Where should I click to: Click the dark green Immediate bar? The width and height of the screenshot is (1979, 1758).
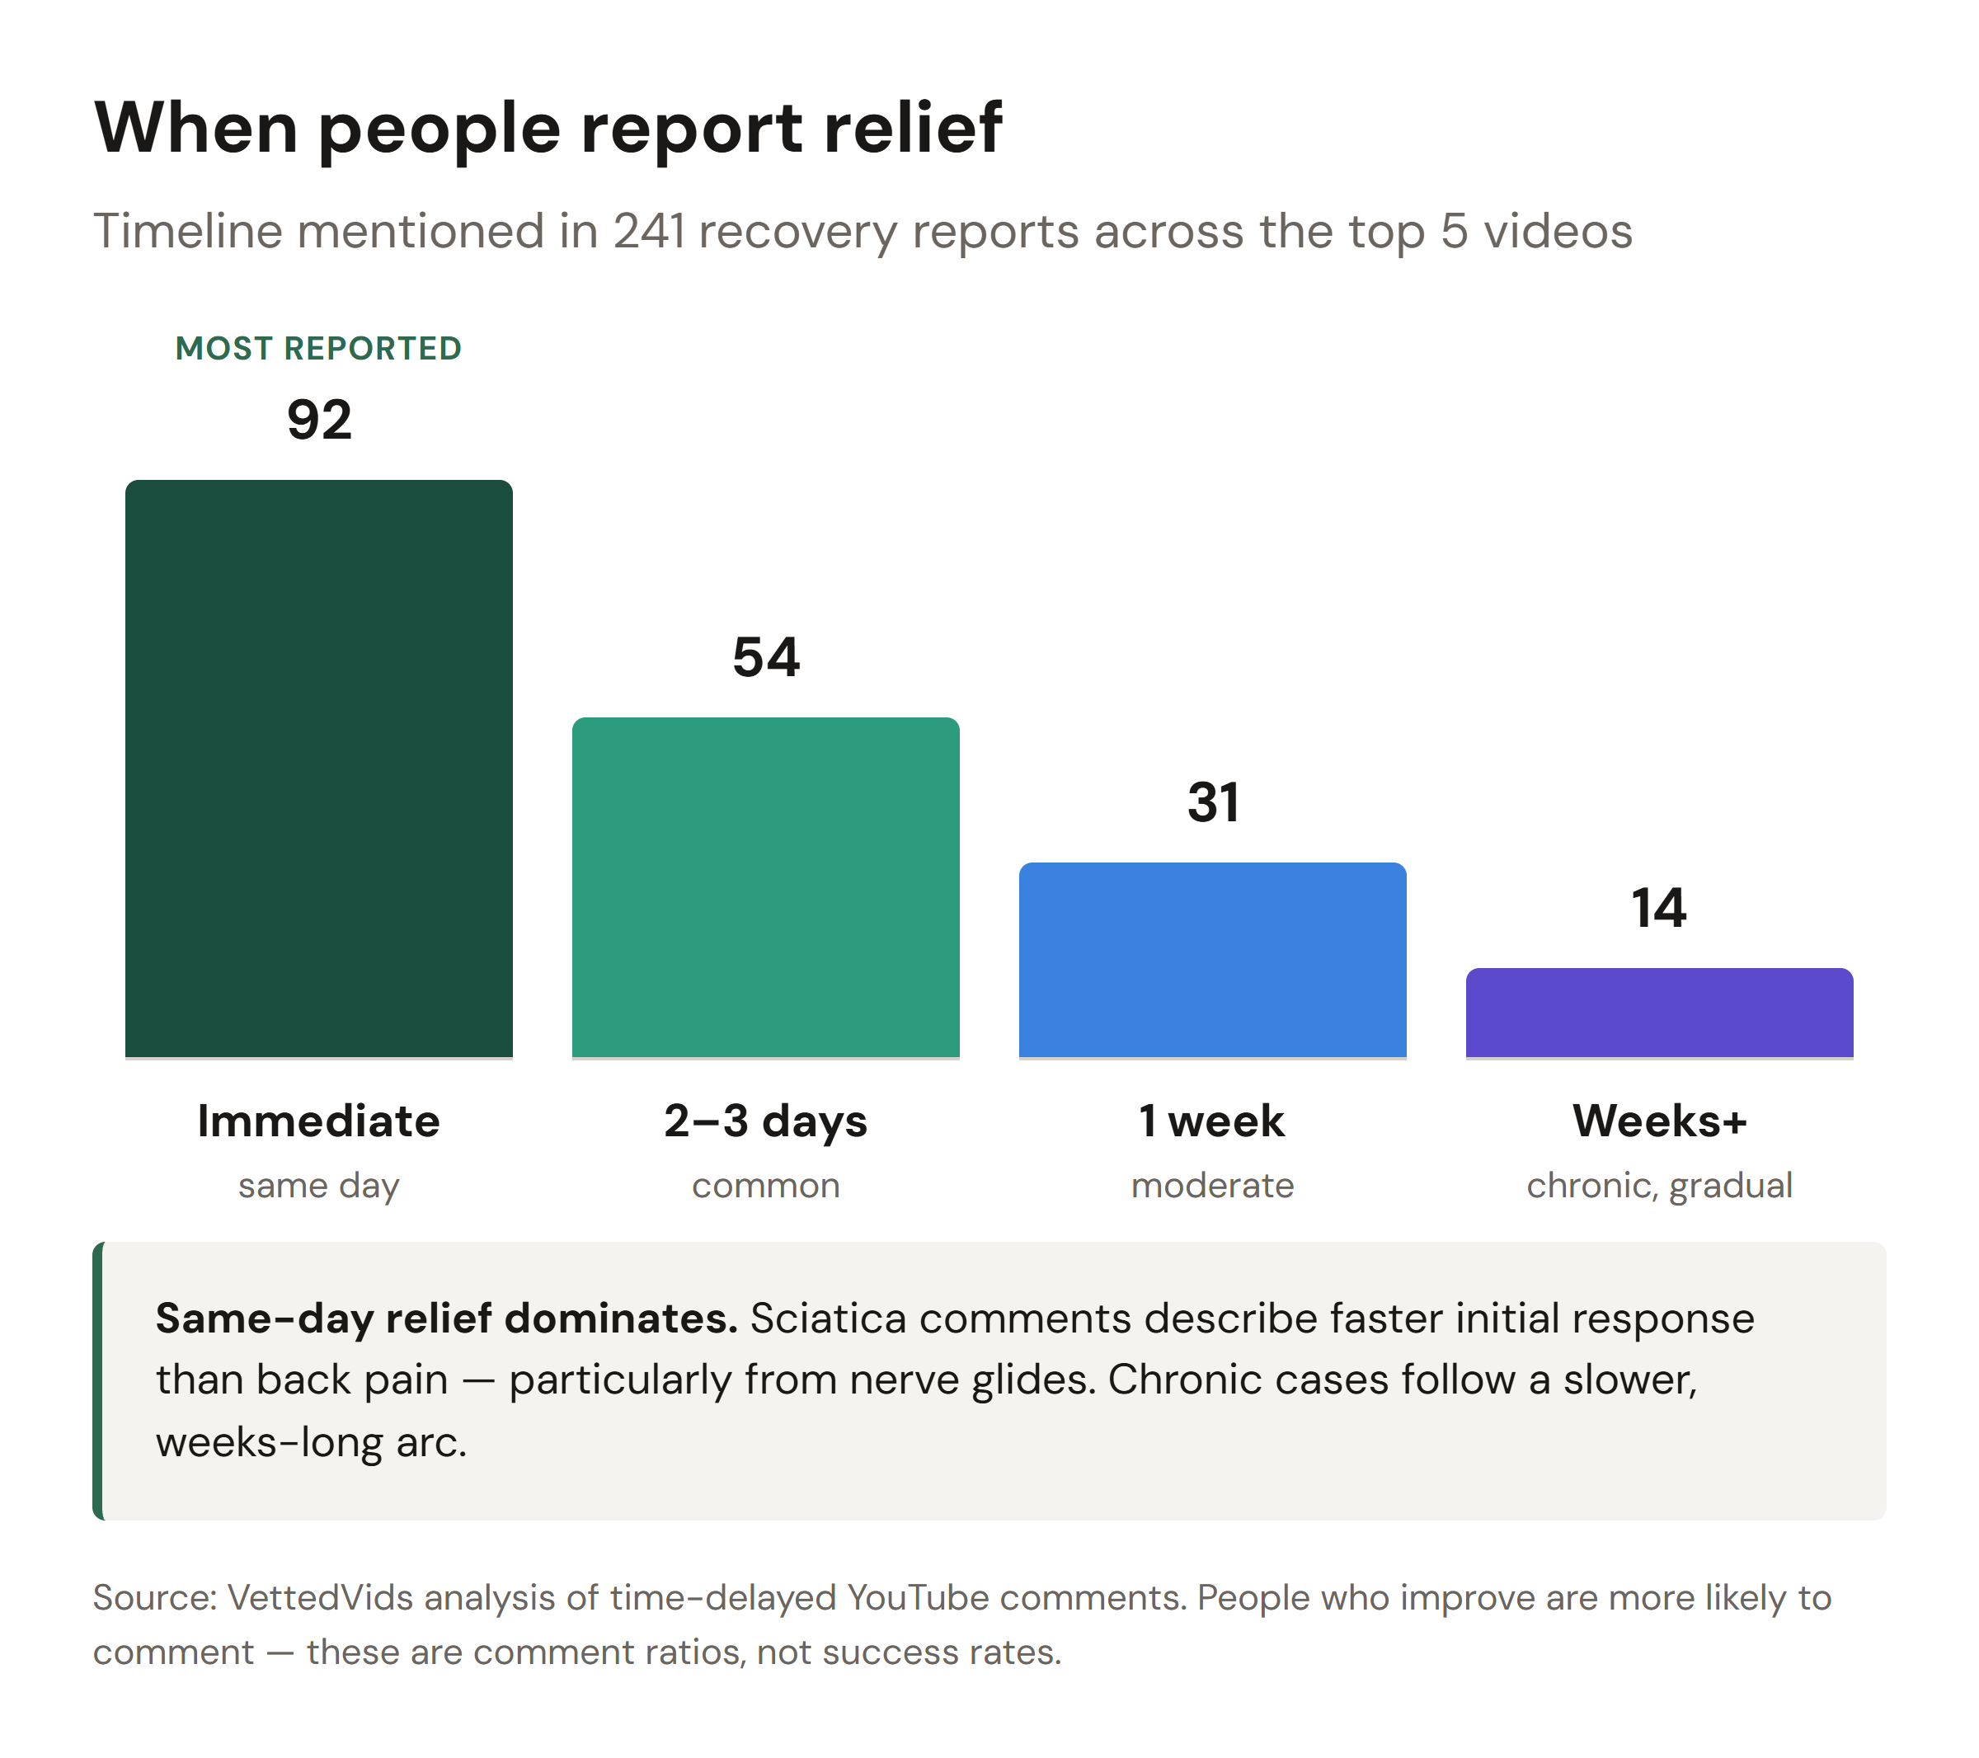click(x=318, y=768)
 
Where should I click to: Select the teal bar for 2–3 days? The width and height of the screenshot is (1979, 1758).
click(x=765, y=886)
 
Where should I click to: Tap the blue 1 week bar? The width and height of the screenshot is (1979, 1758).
click(x=1212, y=959)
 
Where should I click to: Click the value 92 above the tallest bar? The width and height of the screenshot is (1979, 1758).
click(x=318, y=421)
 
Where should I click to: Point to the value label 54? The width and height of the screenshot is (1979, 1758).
click(x=765, y=657)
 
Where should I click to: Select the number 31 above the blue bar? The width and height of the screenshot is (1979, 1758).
click(x=1212, y=802)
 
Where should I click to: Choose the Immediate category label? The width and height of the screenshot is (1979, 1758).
click(x=318, y=1121)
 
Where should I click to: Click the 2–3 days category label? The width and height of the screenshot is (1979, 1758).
click(x=765, y=1121)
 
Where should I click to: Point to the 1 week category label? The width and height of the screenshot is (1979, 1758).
click(x=1212, y=1121)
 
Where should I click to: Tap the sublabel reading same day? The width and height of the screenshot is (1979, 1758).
click(x=318, y=1185)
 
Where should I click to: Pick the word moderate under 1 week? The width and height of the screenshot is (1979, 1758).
click(x=1212, y=1185)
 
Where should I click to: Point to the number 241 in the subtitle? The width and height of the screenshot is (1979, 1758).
click(x=649, y=232)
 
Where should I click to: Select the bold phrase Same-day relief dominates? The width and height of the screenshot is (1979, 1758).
click(x=446, y=1318)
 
